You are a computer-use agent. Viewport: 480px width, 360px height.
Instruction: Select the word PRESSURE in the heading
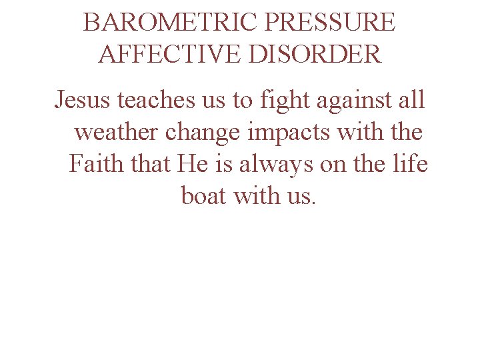329,23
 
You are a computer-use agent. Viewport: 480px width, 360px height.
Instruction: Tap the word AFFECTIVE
168,53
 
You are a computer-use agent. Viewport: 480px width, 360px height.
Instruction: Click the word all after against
408,100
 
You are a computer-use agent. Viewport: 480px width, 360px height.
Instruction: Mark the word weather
117,132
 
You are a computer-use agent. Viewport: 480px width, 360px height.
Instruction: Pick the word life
409,163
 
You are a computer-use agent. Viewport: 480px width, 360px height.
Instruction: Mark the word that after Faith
151,163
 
